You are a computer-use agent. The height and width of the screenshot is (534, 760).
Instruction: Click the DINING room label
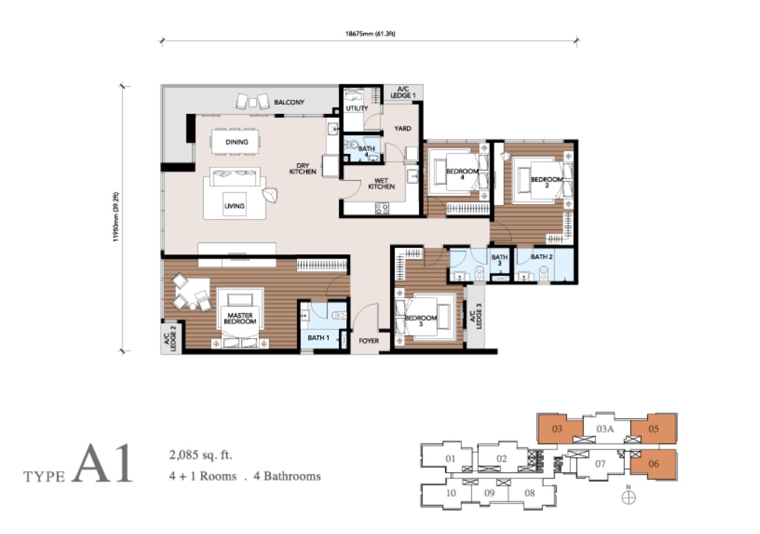237,142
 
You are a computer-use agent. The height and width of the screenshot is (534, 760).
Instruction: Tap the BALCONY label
289,102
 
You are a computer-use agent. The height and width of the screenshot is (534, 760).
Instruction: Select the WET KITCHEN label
382,184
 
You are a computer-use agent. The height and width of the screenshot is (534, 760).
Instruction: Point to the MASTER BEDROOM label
240,318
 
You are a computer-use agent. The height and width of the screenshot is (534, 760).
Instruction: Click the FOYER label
369,340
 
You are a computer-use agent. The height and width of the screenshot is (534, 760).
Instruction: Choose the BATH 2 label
542,257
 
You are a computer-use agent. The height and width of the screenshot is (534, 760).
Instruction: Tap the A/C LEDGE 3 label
476,316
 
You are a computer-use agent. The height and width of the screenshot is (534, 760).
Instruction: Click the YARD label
403,128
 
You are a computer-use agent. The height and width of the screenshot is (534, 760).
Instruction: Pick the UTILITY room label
357,108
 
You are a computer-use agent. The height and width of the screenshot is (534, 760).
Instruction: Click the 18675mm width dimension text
370,33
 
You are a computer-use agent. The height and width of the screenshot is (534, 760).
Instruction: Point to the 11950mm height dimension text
116,217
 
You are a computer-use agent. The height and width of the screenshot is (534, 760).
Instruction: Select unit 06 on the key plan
653,464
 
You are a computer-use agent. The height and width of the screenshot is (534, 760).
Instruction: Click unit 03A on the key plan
606,429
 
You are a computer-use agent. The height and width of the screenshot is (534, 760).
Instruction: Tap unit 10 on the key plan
451,493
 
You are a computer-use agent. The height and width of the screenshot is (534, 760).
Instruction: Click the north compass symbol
628,497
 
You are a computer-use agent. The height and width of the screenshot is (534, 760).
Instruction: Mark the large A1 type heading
102,463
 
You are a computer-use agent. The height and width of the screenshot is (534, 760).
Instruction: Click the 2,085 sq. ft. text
201,455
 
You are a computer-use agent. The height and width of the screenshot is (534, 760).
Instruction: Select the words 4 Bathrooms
287,476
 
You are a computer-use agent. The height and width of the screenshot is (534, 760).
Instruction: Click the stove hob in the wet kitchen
382,208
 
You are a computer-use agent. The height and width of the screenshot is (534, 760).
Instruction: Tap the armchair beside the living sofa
270,195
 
